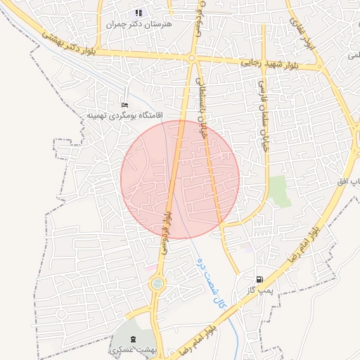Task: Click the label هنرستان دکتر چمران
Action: click(139, 23)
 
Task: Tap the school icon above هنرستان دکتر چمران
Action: click(139, 13)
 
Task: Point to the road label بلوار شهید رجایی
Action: click(270, 63)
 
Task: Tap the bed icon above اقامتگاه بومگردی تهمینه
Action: click(125, 105)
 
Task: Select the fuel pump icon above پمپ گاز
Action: click(260, 279)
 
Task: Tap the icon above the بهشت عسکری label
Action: click(134, 340)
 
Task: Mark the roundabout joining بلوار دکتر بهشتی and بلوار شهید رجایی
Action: click(191, 58)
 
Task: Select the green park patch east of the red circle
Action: click(281, 191)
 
